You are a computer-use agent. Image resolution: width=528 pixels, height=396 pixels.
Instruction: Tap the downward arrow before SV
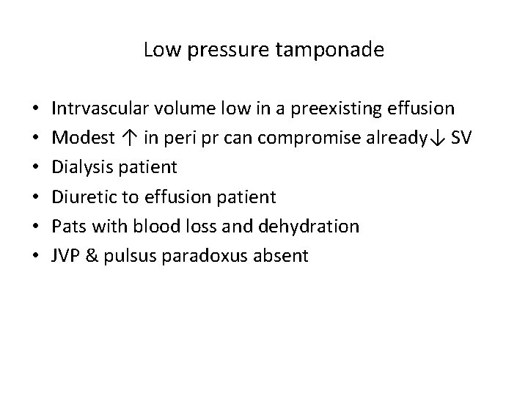441,138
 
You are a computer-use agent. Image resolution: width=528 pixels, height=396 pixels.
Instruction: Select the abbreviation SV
462,138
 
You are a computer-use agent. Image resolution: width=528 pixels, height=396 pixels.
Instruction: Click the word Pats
67,226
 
